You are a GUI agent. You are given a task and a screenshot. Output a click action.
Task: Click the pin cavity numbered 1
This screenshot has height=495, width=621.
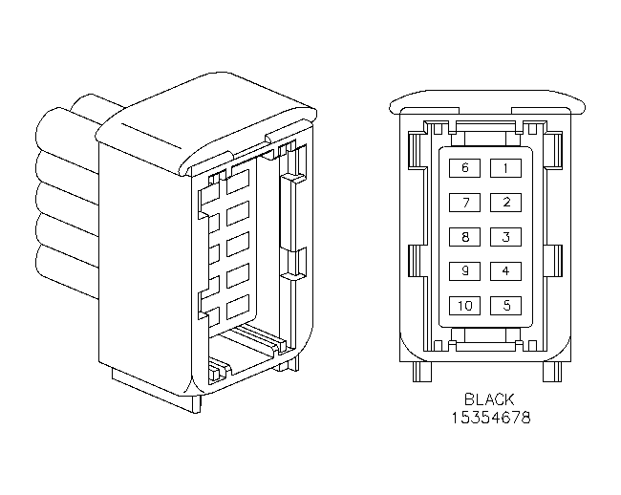(x=505, y=168)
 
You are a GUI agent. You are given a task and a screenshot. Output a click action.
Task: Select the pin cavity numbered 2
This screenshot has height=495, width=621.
(x=505, y=203)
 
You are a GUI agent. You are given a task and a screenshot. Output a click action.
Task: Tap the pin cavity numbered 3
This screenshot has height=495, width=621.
(x=505, y=237)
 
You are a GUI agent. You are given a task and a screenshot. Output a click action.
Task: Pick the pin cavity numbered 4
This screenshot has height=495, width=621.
(x=505, y=271)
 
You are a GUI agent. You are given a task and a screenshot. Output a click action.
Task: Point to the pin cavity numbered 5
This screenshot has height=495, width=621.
(x=505, y=306)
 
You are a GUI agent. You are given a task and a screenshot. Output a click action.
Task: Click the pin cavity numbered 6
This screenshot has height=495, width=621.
(x=464, y=168)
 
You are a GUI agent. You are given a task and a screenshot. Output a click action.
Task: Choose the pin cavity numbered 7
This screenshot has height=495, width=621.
(x=464, y=203)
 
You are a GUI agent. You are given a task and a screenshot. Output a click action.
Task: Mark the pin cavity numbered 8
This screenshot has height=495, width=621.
(x=464, y=237)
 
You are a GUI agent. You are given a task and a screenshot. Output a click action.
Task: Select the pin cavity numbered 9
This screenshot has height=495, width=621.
(x=464, y=271)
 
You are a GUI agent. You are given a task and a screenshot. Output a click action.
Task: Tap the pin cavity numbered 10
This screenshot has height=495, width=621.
(x=464, y=306)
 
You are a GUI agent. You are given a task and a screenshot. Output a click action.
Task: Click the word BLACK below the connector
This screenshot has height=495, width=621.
(x=489, y=399)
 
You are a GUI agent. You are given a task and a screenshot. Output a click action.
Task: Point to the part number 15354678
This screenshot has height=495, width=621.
(x=491, y=418)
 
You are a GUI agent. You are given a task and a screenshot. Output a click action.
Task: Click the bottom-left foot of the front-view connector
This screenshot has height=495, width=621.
(x=421, y=372)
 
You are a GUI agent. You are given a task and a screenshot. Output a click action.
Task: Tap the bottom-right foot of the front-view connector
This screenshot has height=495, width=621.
(x=552, y=372)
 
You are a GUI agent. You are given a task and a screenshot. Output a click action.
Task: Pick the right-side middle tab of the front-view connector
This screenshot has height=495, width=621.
(x=554, y=261)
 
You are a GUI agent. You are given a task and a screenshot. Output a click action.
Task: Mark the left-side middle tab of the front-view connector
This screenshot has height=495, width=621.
(x=417, y=261)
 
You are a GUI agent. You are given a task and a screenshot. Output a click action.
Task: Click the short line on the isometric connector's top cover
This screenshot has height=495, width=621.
(x=151, y=137)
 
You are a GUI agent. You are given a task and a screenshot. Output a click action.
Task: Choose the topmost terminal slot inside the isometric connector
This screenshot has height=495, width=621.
(x=238, y=182)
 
